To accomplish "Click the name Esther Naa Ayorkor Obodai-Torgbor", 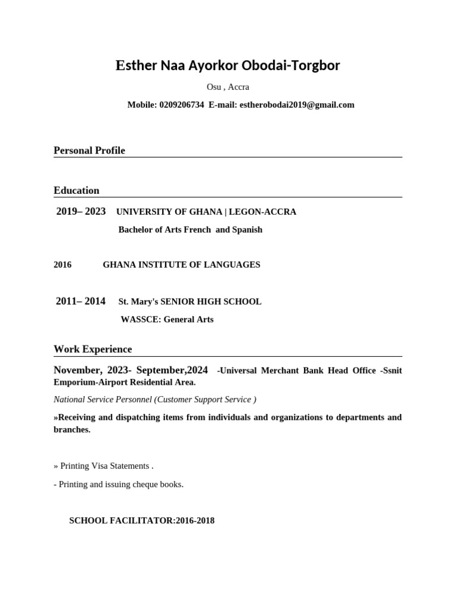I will click(x=227, y=65).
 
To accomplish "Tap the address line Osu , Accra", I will click(x=227, y=87).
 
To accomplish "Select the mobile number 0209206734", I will click(x=181, y=105).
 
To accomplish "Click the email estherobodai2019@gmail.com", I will click(x=296, y=105).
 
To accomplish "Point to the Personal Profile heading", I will click(x=89, y=150).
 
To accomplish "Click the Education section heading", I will click(x=76, y=190).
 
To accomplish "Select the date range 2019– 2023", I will click(x=81, y=212).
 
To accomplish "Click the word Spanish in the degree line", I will click(x=247, y=230).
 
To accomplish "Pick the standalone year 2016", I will click(x=62, y=265).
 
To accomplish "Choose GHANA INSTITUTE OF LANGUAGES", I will click(x=181, y=265).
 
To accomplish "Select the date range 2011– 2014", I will click(x=81, y=302).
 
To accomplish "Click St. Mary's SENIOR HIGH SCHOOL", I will click(x=190, y=302).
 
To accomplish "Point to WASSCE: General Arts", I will click(x=167, y=319).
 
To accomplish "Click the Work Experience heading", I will click(x=93, y=349).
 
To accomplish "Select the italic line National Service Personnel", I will click(x=154, y=400).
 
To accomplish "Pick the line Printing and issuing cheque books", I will click(x=119, y=484).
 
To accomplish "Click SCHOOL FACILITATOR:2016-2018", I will click(x=141, y=520).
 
